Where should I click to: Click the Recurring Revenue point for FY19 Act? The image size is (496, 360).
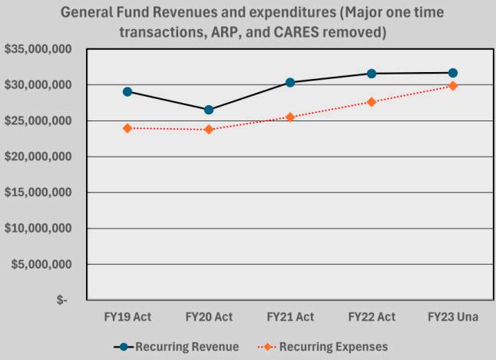[127, 91]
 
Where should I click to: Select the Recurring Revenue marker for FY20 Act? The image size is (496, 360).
[209, 110]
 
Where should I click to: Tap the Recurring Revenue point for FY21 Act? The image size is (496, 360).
[290, 82]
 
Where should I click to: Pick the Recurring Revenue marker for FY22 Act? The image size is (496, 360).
[372, 74]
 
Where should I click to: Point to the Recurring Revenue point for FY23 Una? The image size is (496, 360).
[453, 73]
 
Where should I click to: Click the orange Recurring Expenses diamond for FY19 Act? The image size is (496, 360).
[127, 128]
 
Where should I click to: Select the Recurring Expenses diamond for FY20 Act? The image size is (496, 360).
[209, 129]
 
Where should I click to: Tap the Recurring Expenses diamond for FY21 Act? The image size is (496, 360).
[290, 117]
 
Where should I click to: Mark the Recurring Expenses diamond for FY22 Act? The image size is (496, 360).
[372, 101]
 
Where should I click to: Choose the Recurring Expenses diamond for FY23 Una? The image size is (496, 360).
[453, 86]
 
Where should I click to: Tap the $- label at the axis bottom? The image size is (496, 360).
[62, 300]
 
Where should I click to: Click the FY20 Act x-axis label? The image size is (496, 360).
[209, 317]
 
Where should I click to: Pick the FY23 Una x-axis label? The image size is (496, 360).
[453, 317]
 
